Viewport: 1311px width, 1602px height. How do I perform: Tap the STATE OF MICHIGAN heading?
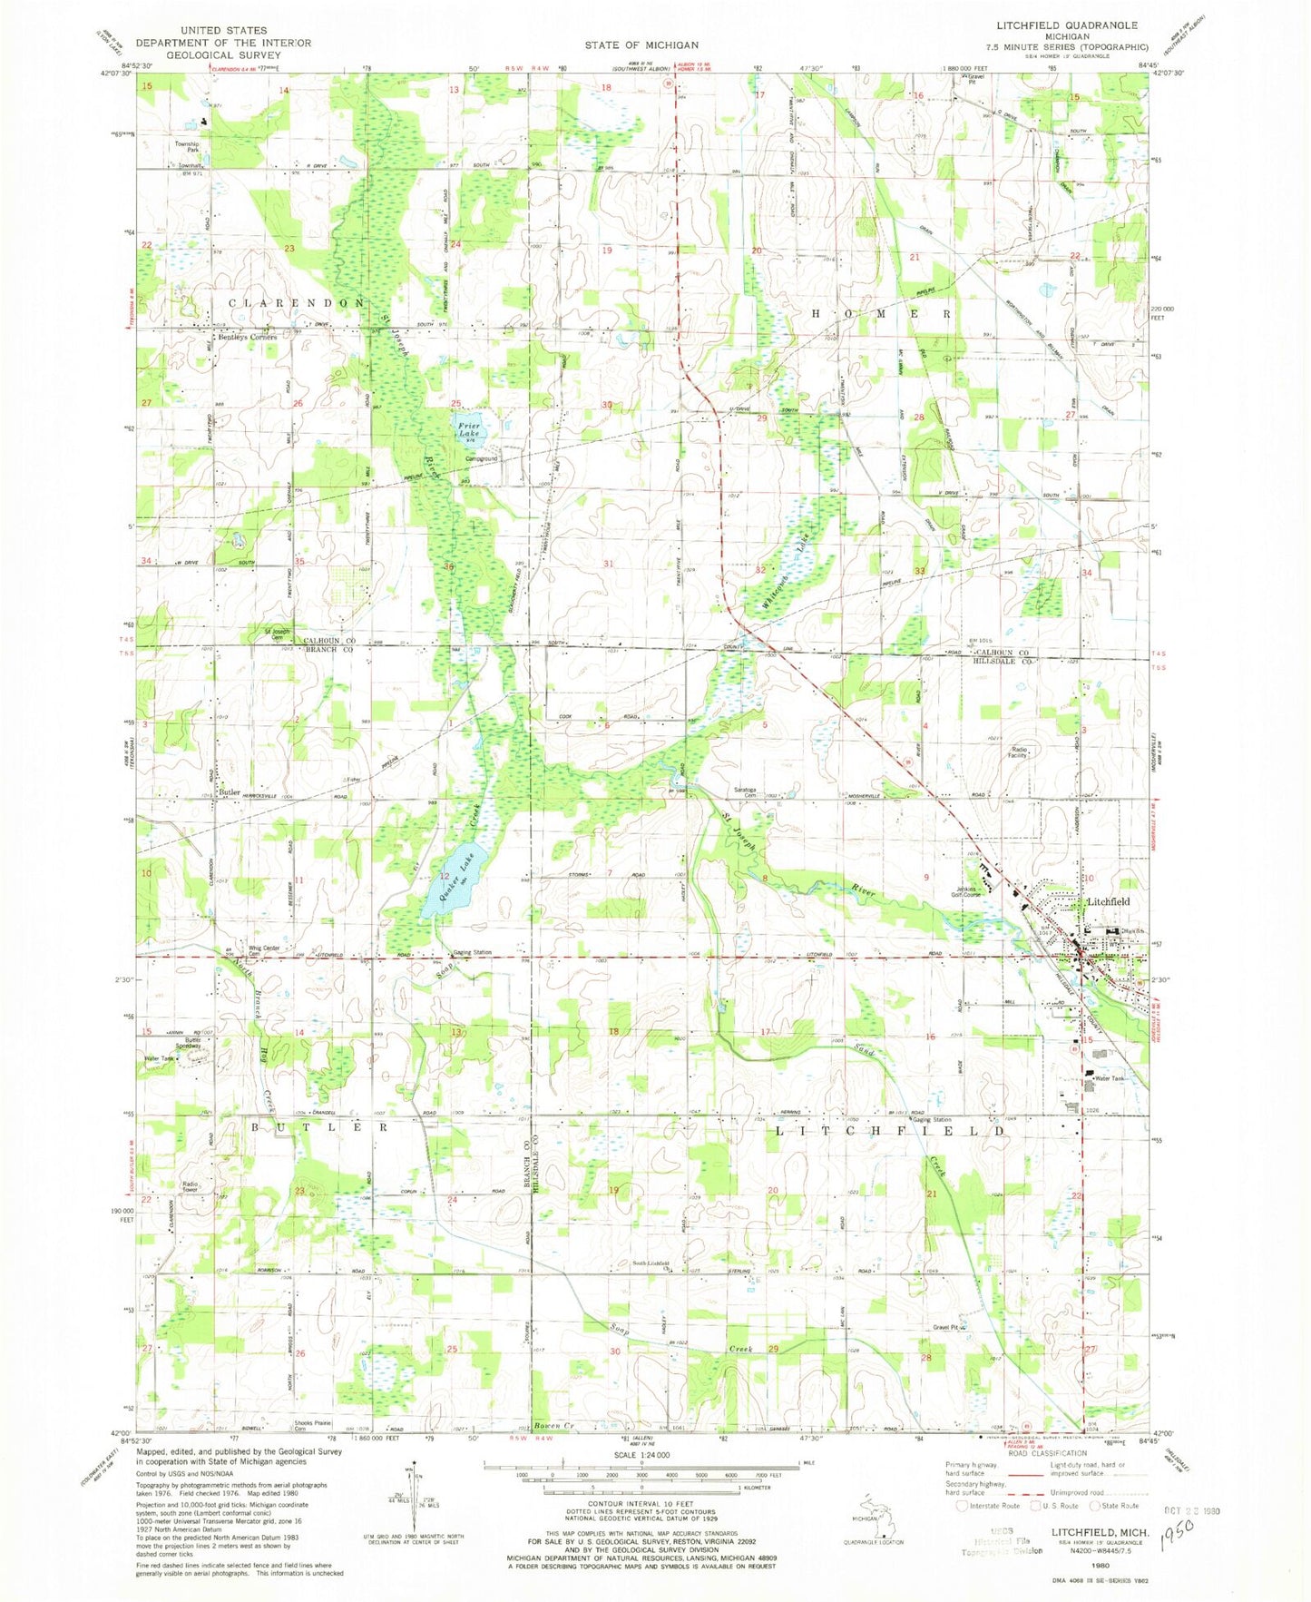[x=641, y=44]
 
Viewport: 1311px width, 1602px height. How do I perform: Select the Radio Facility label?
[x=1022, y=752]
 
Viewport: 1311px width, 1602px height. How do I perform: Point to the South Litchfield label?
[x=651, y=1264]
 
